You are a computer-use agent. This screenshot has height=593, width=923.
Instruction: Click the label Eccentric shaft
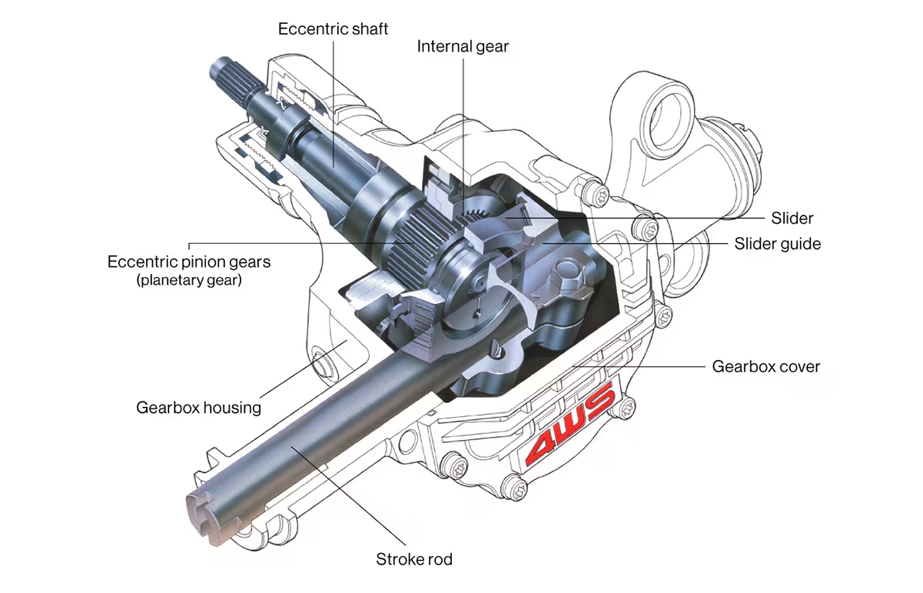point(333,29)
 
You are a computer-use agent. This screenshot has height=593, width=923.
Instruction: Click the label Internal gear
point(463,46)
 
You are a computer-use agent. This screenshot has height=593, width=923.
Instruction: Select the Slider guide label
point(777,244)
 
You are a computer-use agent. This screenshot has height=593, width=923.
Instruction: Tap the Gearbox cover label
point(765,366)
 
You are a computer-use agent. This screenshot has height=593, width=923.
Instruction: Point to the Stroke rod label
point(413,559)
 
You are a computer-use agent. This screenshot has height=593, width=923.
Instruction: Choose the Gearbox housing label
point(198,408)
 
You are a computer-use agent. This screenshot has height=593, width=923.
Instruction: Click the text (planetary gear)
point(189,280)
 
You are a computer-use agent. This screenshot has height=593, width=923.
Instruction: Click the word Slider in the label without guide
point(792,218)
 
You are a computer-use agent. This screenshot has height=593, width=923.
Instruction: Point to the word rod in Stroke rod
point(439,559)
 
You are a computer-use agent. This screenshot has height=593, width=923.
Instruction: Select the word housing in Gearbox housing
point(232,408)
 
